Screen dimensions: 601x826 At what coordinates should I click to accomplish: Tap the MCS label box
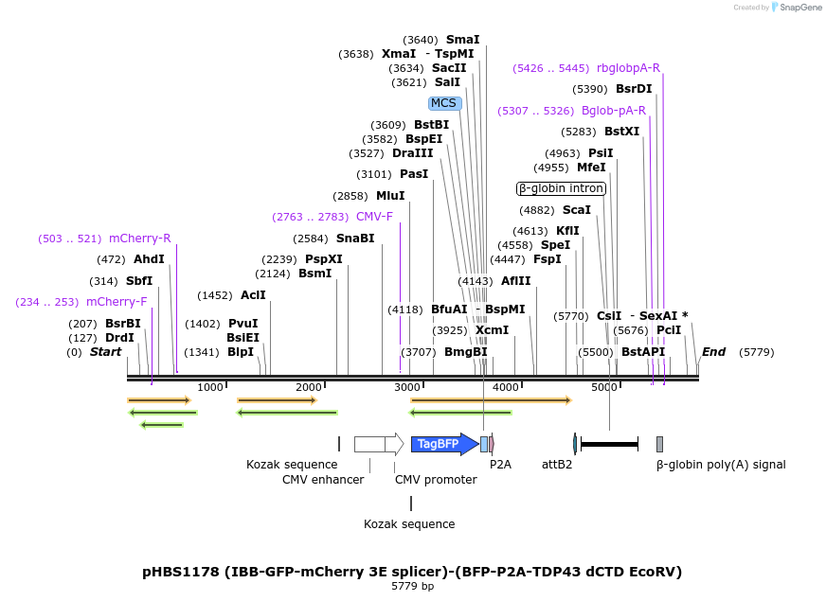(x=443, y=103)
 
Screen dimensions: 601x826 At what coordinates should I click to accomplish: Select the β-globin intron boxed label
(x=561, y=188)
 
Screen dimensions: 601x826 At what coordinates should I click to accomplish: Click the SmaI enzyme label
(x=462, y=40)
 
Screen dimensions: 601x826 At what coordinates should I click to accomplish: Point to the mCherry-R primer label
(x=139, y=239)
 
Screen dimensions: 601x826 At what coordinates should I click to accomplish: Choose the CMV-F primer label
(x=374, y=217)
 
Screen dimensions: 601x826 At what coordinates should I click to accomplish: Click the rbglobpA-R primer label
(x=628, y=68)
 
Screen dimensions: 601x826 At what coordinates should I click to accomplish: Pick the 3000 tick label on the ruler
(x=407, y=387)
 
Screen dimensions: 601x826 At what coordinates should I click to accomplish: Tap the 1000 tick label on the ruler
(x=210, y=387)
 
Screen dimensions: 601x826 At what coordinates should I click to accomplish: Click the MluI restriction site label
(x=390, y=196)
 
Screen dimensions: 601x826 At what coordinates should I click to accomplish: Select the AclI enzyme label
(x=253, y=295)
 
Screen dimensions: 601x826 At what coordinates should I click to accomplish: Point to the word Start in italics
(x=105, y=352)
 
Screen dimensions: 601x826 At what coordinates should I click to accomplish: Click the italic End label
(x=713, y=352)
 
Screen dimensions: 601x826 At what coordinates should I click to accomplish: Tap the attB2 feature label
(x=557, y=465)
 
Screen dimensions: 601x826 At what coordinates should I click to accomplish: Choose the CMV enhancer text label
(x=323, y=479)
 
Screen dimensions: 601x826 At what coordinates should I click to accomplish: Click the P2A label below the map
(x=500, y=465)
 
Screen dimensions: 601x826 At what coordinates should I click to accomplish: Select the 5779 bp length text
(x=412, y=587)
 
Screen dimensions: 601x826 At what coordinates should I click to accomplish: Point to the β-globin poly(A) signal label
(x=721, y=465)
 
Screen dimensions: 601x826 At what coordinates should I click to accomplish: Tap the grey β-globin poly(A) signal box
(x=659, y=444)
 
